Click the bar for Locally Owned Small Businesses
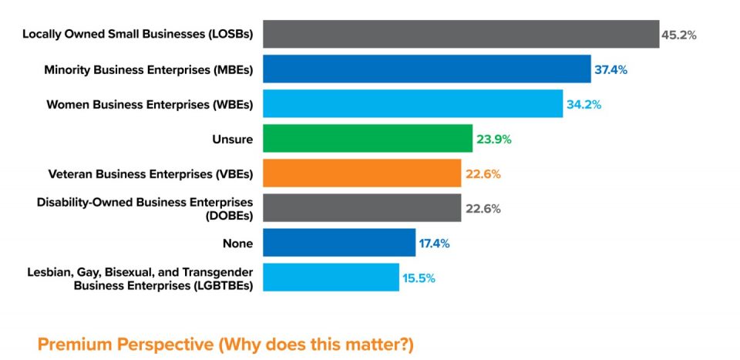pyautogui.click(x=461, y=34)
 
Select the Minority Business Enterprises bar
pyautogui.click(x=426, y=69)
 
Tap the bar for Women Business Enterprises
pyautogui.click(x=412, y=103)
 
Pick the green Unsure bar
pyautogui.click(x=367, y=139)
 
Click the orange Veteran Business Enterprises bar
pyautogui.click(x=362, y=173)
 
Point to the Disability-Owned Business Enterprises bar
pyautogui.click(x=362, y=208)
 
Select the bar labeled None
pyautogui.click(x=339, y=243)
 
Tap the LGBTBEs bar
pyautogui.click(x=331, y=278)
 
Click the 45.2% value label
pyautogui.click(x=678, y=35)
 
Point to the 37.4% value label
pyautogui.click(x=610, y=69)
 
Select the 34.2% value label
pyautogui.click(x=584, y=104)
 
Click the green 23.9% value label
pyautogui.click(x=494, y=140)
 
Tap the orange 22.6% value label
pyautogui.click(x=483, y=174)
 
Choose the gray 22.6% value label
pyautogui.click(x=483, y=209)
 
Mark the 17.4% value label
pyautogui.click(x=434, y=244)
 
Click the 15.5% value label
pyautogui.click(x=419, y=278)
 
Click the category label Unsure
pyautogui.click(x=232, y=139)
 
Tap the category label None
pyautogui.click(x=237, y=244)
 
